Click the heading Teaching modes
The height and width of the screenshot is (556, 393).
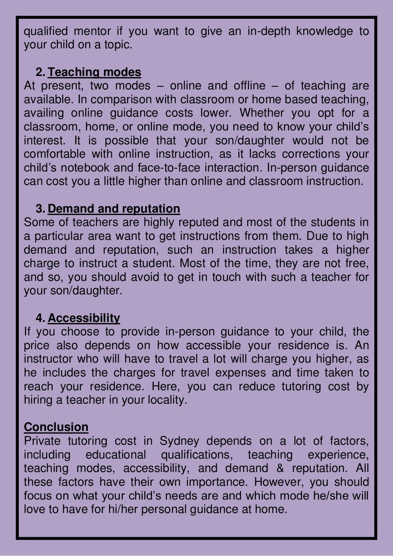[x=94, y=72]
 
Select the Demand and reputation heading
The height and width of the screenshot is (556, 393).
[x=114, y=209]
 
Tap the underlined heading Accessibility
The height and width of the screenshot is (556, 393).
[x=84, y=318]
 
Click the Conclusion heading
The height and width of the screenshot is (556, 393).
[x=56, y=427]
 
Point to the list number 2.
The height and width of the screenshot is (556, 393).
[x=40, y=72]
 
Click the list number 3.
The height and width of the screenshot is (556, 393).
[x=40, y=209]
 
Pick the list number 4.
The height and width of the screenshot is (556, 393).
[x=40, y=318]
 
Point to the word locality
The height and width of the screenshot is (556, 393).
[x=167, y=400]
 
